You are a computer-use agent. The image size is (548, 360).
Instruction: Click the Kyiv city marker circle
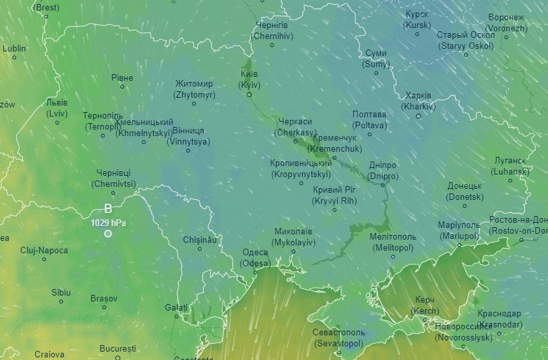coord(249,94)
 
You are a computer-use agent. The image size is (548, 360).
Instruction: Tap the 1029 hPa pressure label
coord(108,223)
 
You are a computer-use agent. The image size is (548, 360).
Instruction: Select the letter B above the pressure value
coord(108,209)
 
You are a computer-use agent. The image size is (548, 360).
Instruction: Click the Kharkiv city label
coord(418,100)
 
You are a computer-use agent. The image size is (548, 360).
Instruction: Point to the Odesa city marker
coord(254,272)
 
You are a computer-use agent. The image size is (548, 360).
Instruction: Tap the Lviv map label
coord(57,108)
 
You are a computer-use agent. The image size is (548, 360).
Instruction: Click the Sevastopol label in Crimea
coord(340,337)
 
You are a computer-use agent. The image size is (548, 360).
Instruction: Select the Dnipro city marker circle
coord(383,185)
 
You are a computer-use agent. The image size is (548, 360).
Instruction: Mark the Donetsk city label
coord(465,191)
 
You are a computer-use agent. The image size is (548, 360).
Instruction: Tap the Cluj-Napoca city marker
coord(44,259)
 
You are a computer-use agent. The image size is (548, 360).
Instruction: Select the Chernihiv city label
coord(272,30)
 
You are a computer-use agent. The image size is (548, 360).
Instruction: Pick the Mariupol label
coord(458,230)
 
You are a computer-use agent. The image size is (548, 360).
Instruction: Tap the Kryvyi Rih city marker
coord(335,210)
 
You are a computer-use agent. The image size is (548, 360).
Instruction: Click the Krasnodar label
coord(499,319)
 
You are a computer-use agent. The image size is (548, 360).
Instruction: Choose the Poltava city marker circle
coord(370,134)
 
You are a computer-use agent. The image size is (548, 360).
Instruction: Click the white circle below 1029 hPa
coord(108,234)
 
